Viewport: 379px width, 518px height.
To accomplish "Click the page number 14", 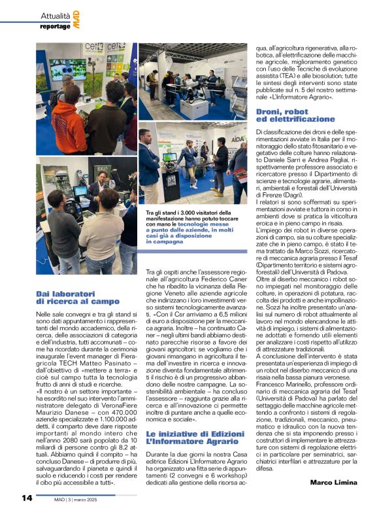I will tap(27, 498).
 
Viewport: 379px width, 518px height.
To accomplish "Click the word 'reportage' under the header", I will tap(55, 26).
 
